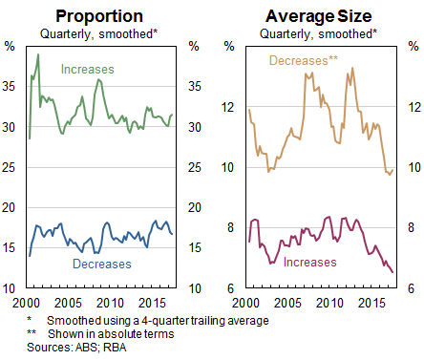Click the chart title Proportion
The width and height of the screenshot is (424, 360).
[99, 15]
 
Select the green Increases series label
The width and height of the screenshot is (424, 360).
[87, 70]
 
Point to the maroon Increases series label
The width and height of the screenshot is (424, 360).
[310, 261]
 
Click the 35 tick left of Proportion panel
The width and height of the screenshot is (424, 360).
[11, 87]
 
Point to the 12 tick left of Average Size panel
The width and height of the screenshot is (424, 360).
[226, 107]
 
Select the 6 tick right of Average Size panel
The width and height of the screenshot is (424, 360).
[411, 289]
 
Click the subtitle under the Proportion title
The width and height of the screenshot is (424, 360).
[99, 33]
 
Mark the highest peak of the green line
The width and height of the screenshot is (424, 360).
[38, 54]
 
